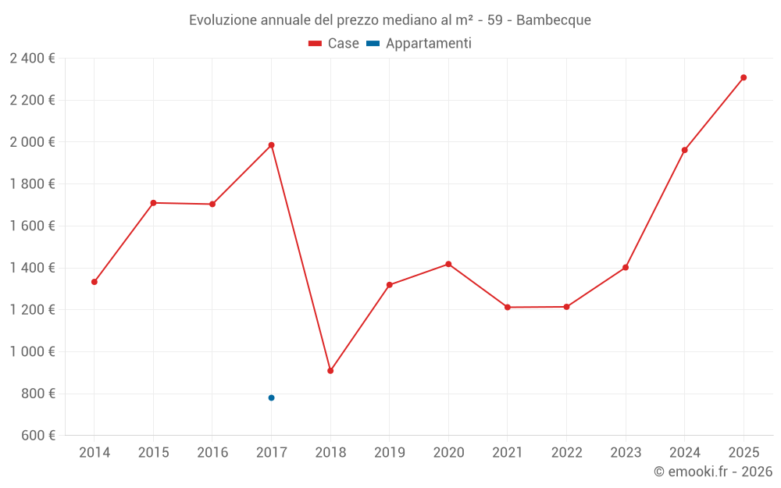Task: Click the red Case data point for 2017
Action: coord(271,145)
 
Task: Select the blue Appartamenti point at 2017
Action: coord(271,397)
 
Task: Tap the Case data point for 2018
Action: coord(330,371)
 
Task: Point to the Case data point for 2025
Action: coord(744,77)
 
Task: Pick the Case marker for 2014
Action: coord(95,282)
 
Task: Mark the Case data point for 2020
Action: coord(448,264)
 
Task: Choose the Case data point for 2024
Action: coord(684,150)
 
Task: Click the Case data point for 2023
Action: coord(626,268)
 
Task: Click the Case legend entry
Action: coord(334,44)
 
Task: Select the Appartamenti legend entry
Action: coord(419,44)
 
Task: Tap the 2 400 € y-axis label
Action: coord(32,59)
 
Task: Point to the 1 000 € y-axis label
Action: coord(32,352)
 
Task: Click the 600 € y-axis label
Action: coord(37,436)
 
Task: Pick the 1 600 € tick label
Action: coord(32,226)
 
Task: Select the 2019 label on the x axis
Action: coord(389,453)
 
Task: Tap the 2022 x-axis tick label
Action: coord(566,453)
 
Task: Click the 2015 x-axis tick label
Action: coord(153,453)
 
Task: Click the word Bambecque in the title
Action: coord(554,20)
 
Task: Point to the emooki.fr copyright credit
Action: coord(712,472)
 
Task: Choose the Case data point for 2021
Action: coord(508,308)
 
